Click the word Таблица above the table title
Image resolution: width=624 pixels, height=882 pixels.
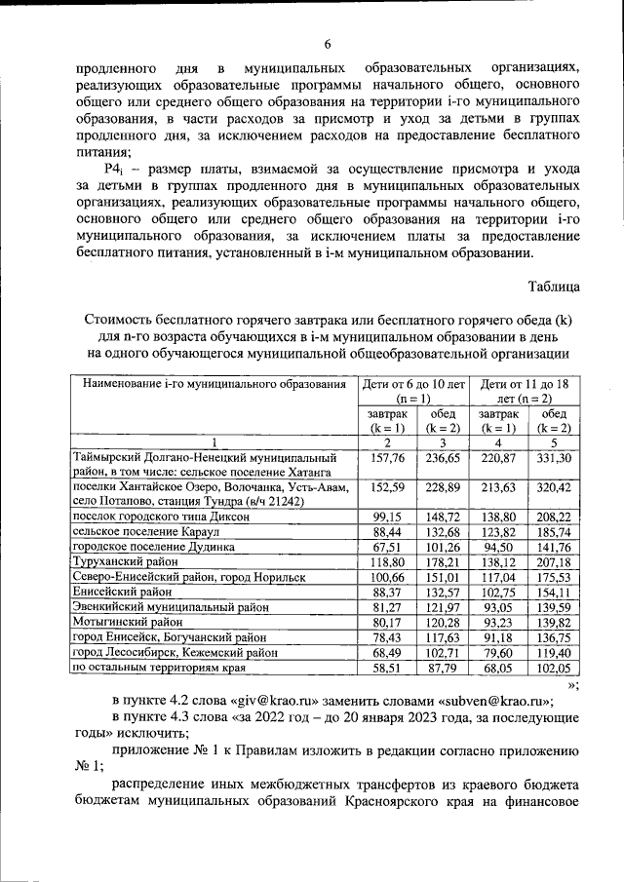point(554,287)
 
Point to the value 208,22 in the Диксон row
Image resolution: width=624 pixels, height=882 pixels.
point(554,517)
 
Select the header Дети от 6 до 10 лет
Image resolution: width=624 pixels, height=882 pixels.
point(415,392)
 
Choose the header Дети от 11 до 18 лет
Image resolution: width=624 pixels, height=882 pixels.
point(526,392)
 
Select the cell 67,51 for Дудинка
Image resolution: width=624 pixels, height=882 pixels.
point(388,548)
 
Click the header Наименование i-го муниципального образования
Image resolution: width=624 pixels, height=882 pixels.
point(215,384)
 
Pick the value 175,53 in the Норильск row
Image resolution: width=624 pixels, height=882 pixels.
point(554,577)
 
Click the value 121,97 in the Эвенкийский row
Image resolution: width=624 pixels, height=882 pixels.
point(444,607)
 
